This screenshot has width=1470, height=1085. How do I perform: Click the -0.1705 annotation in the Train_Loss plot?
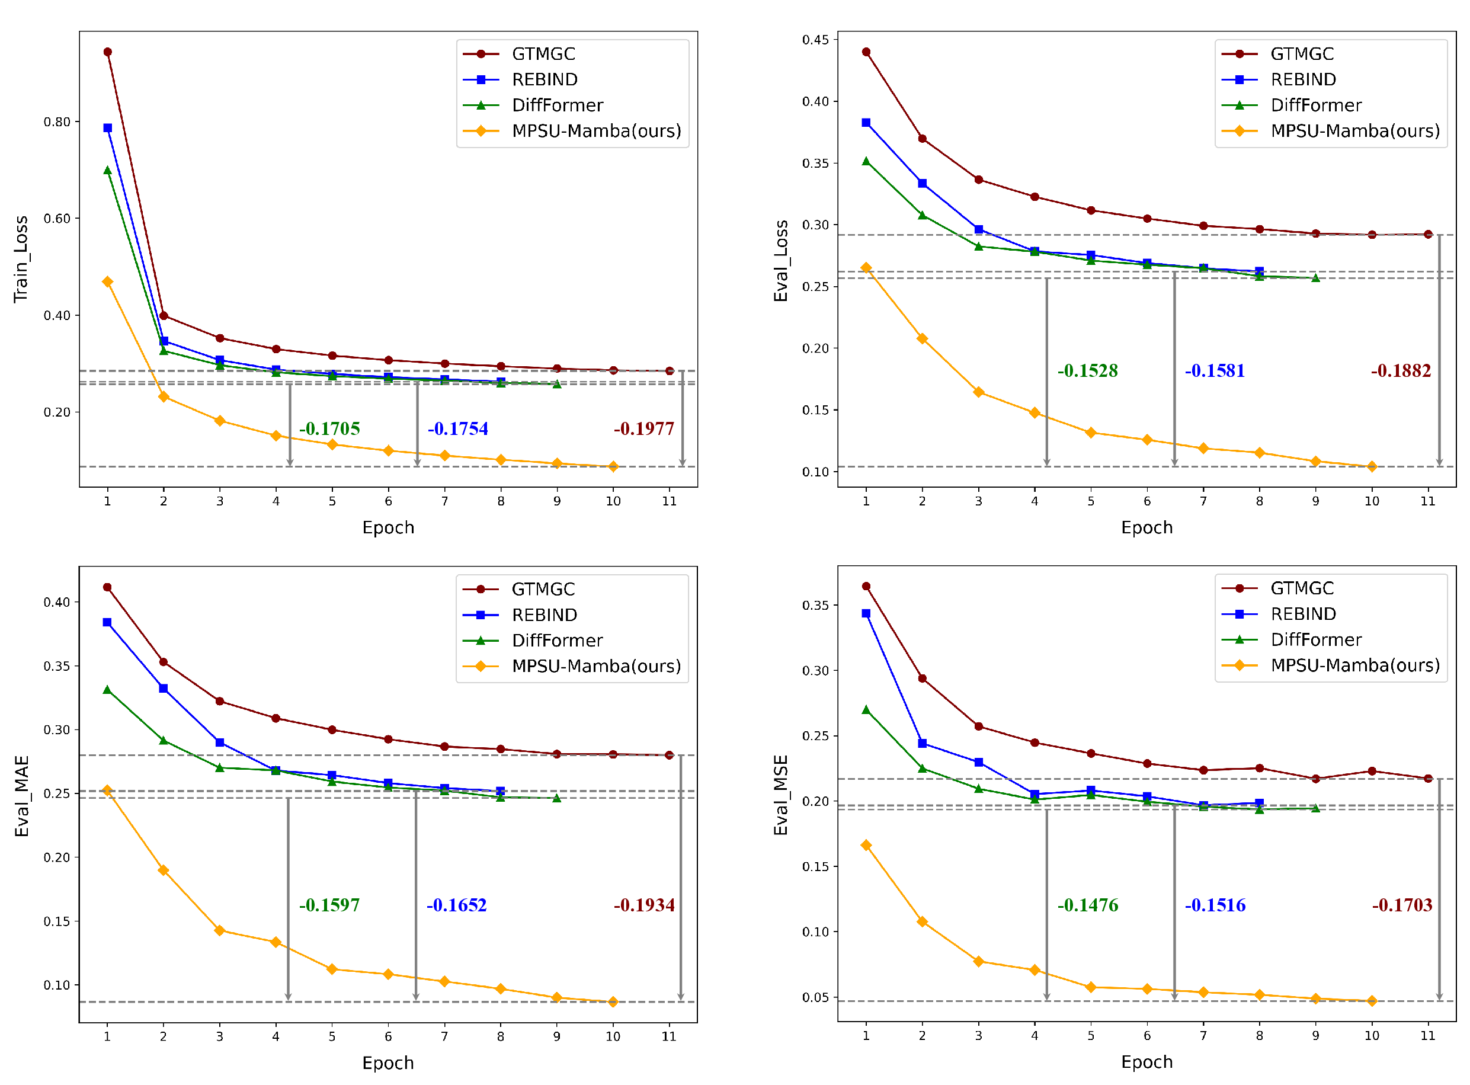[329, 429]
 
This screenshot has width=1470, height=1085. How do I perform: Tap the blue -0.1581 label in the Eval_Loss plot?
[1215, 371]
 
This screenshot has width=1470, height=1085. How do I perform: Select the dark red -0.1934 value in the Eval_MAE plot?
[644, 905]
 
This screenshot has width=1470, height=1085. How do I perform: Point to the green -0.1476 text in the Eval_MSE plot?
[1087, 905]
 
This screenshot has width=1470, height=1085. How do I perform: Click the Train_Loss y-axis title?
[21, 259]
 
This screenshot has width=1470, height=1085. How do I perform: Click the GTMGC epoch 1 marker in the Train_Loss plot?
[108, 52]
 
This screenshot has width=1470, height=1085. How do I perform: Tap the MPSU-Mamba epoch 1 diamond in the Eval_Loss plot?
[866, 268]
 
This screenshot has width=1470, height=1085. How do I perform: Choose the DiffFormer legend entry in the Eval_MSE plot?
[1316, 640]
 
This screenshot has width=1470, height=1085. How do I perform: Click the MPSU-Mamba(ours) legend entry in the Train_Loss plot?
[596, 131]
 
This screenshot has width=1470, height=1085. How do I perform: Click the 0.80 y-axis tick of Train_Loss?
[56, 122]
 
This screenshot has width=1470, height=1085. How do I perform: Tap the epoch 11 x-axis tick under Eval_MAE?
[669, 1036]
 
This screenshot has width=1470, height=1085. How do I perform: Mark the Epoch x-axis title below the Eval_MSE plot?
[1146, 1062]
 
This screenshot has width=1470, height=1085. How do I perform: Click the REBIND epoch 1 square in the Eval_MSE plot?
[866, 613]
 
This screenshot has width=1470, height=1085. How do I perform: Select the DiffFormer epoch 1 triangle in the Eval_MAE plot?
[108, 690]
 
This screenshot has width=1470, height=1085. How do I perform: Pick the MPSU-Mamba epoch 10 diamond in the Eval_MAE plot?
[613, 1001]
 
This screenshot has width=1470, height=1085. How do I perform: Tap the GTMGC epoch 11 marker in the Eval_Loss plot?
[1428, 235]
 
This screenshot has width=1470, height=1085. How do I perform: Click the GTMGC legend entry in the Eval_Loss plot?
[1302, 54]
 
